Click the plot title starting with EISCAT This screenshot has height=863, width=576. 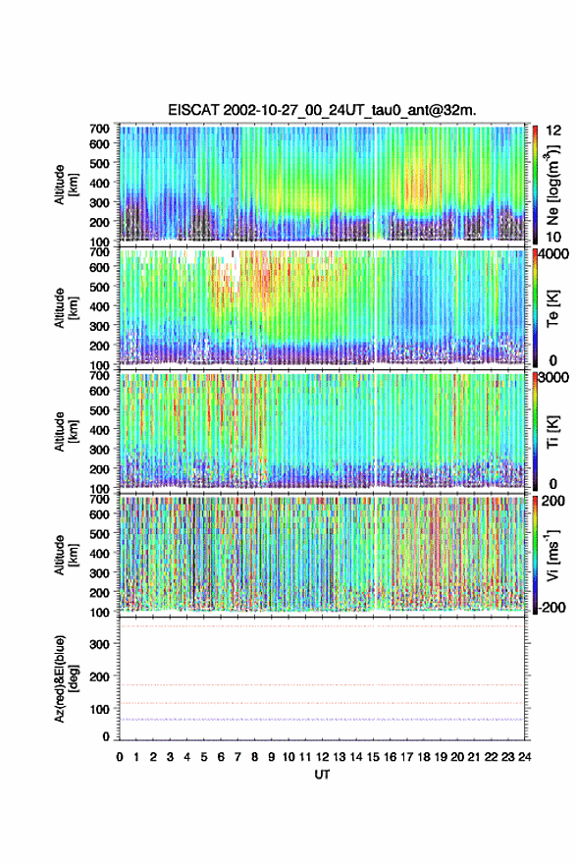322,110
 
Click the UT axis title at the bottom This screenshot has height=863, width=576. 323,775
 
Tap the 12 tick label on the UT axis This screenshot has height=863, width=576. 323,757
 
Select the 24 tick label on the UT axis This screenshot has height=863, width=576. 524,757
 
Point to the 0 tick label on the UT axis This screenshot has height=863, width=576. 120,757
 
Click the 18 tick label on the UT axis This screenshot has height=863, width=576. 424,757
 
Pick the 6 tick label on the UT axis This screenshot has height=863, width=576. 221,757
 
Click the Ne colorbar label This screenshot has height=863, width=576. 552,185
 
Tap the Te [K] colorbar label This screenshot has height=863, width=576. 552,308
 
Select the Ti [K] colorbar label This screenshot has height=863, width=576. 552,432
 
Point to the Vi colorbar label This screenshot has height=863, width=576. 552,555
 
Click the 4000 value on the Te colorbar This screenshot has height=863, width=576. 553,254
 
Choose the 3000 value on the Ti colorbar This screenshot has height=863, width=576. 553,378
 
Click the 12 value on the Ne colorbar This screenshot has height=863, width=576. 553,131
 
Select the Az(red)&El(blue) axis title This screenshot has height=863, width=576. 66,678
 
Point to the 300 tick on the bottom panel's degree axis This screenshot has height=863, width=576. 100,644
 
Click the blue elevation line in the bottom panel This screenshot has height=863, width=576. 322,720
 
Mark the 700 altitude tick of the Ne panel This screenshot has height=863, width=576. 99,129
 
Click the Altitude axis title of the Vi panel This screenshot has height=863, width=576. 66,555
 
